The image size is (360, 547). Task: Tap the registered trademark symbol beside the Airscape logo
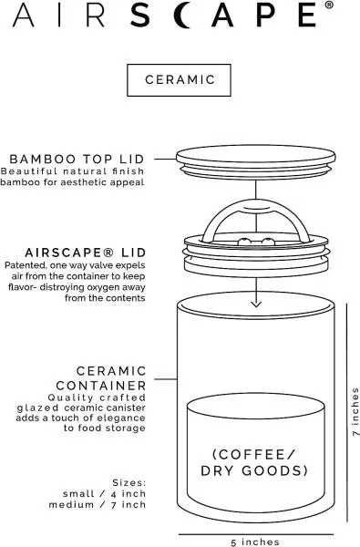[329, 5]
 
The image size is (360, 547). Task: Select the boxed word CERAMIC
[180, 80]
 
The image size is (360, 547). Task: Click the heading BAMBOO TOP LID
[77, 159]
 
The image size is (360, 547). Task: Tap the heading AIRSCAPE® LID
[86, 253]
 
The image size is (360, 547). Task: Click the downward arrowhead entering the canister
[256, 304]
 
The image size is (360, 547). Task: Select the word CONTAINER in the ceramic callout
[101, 386]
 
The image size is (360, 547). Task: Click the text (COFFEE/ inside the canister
[254, 454]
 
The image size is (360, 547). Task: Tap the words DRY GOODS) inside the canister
[254, 470]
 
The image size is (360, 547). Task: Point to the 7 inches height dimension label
[355, 412]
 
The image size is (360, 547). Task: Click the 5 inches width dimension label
[255, 542]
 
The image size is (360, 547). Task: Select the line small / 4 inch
[104, 494]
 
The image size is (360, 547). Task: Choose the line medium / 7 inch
[98, 505]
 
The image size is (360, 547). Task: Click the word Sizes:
[129, 483]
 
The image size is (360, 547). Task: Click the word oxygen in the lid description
[101, 288]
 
